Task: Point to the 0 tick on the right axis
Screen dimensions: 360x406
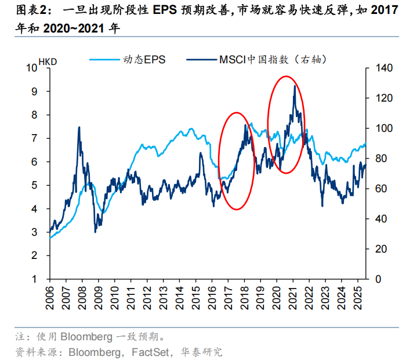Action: [374, 279]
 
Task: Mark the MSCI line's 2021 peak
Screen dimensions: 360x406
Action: [295, 86]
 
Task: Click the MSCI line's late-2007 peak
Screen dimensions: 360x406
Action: [78, 127]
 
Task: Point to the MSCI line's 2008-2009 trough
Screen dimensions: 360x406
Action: [95, 232]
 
